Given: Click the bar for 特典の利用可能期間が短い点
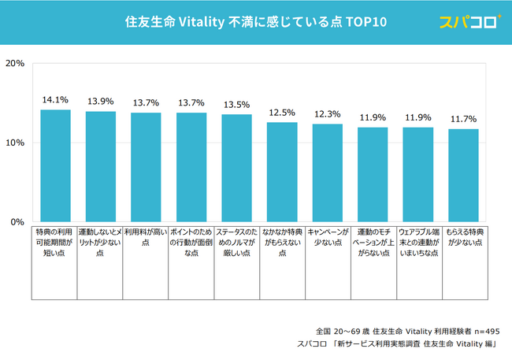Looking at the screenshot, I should [55, 165].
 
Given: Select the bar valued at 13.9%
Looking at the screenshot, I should [101, 166].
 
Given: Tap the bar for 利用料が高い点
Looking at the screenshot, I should [146, 167].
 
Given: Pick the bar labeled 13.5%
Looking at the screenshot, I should [236, 168].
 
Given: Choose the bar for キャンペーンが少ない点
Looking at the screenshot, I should [327, 173].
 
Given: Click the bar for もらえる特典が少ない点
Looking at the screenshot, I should [463, 175].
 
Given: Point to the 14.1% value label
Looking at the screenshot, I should [55, 100].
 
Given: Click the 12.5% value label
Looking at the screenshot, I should [282, 113].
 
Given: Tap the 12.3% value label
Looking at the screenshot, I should [327, 114].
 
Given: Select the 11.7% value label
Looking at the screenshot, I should [463, 119].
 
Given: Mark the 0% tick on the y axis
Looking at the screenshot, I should [17, 222].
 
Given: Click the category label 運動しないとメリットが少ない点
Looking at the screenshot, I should [100, 243].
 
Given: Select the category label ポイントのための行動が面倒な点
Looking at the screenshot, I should [191, 243].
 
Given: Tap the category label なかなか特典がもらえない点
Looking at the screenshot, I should [282, 243].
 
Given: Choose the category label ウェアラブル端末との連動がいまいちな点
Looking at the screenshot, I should [417, 243].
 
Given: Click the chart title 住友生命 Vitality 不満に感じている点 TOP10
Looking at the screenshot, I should [256, 22].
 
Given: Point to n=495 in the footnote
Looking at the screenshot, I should [484, 331].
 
